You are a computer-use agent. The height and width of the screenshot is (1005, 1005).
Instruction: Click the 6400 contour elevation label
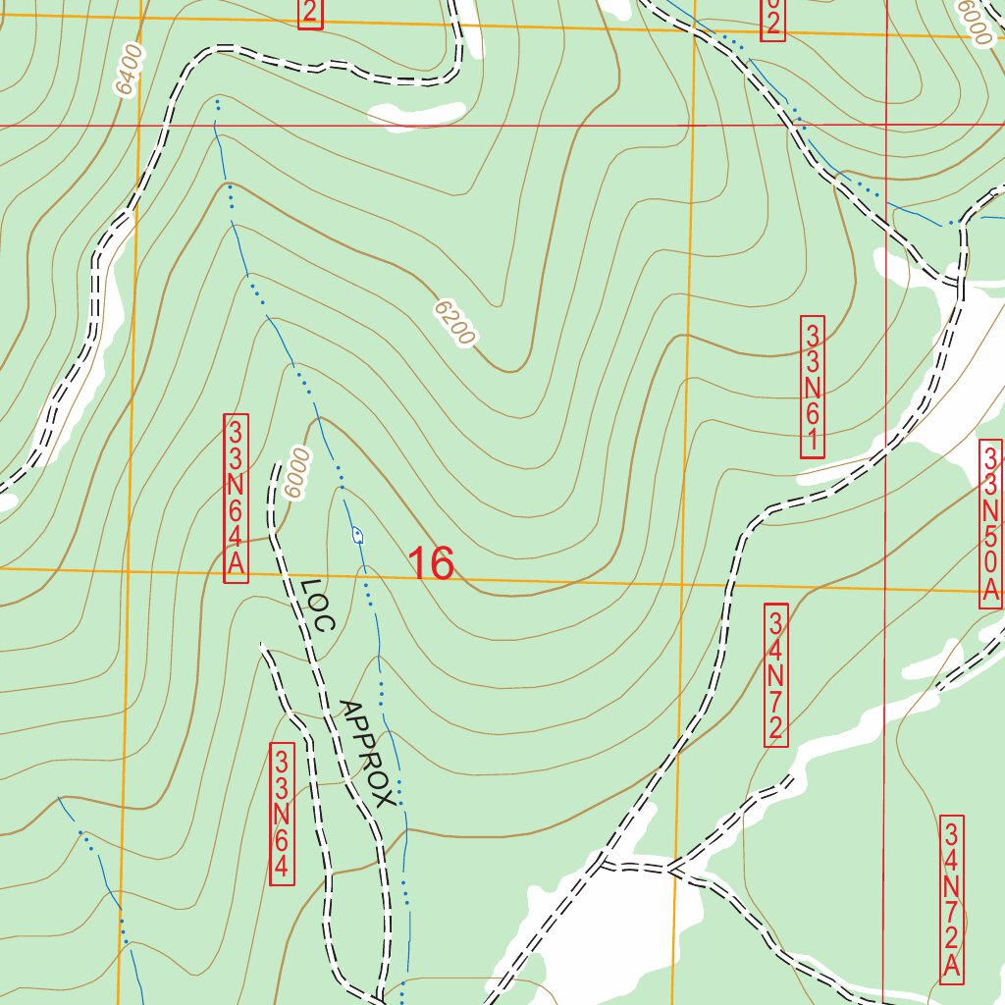coord(129,69)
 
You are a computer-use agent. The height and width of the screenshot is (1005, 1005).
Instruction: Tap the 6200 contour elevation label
coord(454,324)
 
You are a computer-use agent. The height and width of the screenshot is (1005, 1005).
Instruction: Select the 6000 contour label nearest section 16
coord(293,473)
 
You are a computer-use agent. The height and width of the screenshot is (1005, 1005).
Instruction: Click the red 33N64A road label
coord(237,499)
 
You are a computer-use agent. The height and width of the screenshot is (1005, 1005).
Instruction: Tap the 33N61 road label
coord(813,386)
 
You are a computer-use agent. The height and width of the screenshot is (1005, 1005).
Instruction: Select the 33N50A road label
coord(991,524)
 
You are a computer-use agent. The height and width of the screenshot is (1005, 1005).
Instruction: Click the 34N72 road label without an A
coord(775,674)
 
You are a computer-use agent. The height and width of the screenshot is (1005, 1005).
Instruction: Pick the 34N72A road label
coord(951,898)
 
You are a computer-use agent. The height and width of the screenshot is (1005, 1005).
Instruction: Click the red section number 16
coord(430,564)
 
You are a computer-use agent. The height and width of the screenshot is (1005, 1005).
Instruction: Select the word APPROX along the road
coord(367,753)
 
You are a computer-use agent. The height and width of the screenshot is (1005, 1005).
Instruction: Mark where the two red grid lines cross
coord(886,127)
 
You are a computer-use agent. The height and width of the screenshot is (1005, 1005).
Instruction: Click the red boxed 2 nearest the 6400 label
coord(310,13)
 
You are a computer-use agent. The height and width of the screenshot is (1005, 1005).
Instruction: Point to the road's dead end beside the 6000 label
coord(274,460)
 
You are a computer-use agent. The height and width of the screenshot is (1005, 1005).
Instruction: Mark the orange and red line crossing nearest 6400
coord(137,127)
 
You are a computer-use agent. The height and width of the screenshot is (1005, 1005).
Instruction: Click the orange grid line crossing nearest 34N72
coord(684,585)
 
